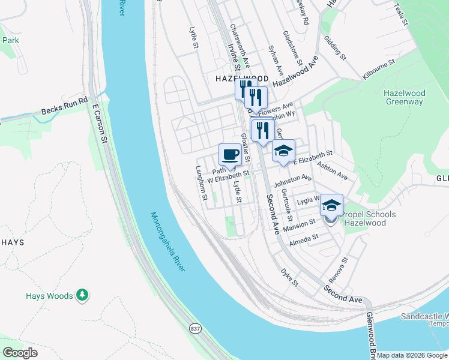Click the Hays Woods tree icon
point(83,295)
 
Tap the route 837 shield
point(196,328)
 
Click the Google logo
point(20,353)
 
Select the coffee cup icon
point(230,155)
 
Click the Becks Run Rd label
point(64,106)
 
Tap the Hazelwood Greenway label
point(403,97)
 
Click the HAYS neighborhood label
point(12,242)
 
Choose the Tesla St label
point(401,13)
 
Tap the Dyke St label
point(289,277)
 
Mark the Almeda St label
point(304,238)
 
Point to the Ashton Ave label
point(332,173)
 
